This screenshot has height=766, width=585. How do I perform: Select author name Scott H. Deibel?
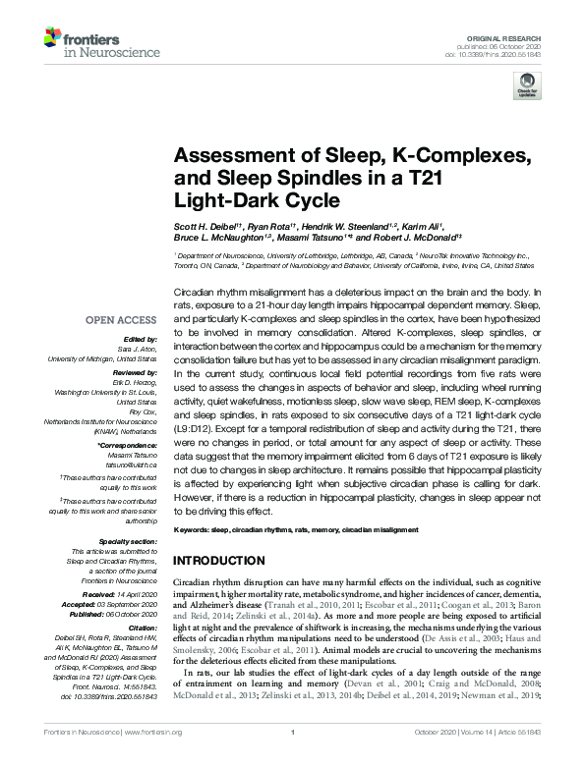coord(205,227)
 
